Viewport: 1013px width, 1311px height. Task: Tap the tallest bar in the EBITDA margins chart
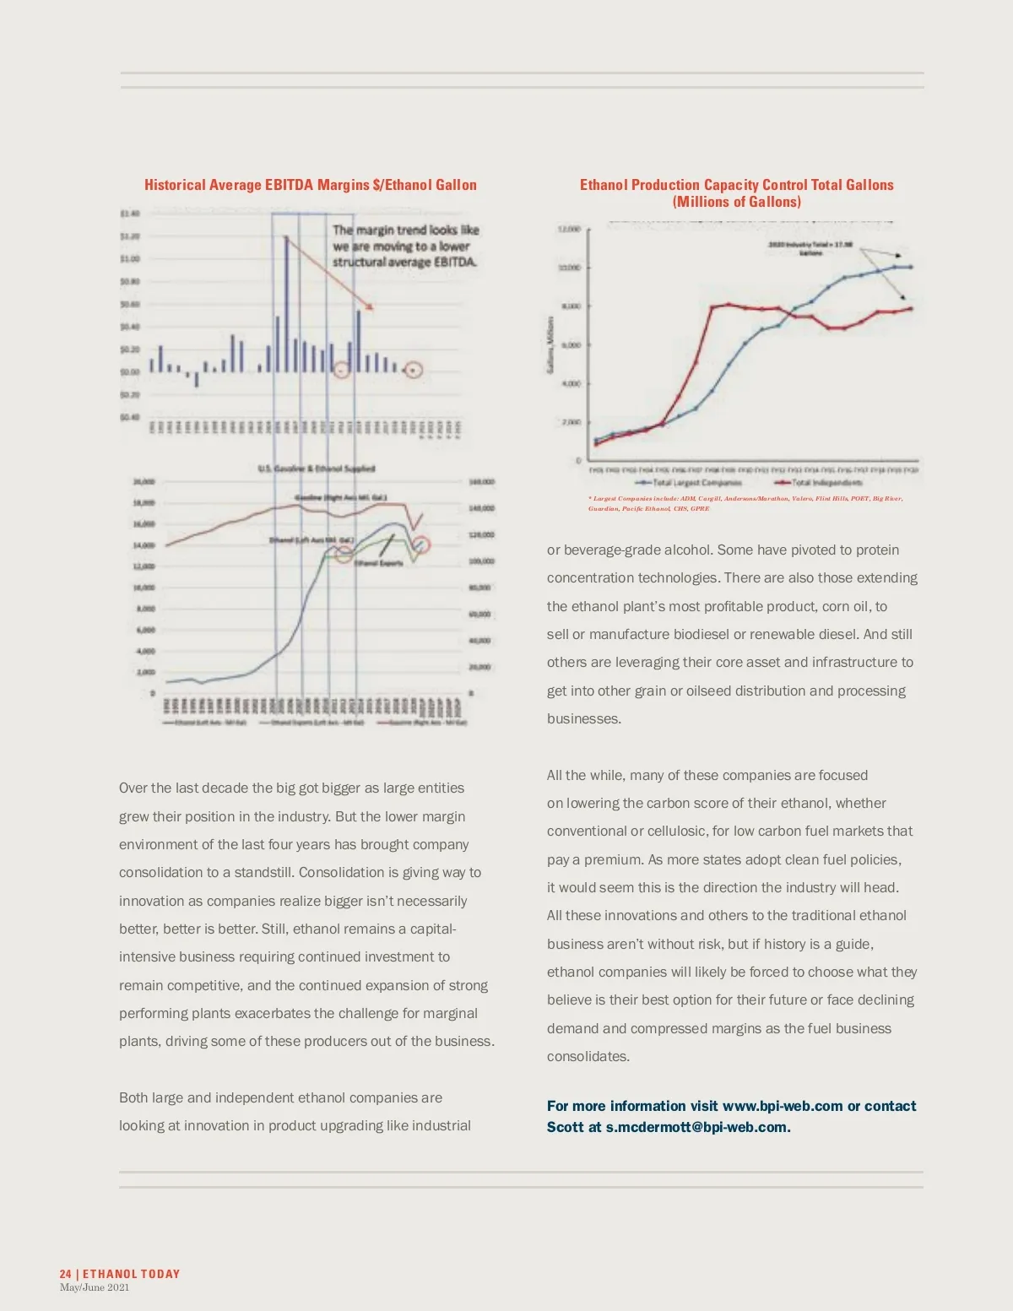286,304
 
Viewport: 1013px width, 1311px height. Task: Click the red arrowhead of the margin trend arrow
370,306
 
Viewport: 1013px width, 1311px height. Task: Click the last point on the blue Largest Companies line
910,267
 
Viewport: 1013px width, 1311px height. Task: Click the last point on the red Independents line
910,309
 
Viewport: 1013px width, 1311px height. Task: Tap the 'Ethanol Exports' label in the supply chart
379,563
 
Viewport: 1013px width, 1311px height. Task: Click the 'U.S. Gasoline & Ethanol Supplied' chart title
317,469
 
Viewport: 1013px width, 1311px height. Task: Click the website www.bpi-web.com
783,1106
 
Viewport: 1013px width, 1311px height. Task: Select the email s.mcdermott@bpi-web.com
696,1127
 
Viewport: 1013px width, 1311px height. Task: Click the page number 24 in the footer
65,1274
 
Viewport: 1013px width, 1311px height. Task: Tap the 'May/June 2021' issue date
95,1287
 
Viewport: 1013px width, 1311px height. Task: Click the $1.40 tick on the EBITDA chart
129,214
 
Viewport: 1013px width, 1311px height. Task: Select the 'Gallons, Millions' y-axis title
550,344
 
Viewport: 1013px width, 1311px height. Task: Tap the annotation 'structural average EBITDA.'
405,262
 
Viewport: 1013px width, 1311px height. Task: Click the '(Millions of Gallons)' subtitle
737,202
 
